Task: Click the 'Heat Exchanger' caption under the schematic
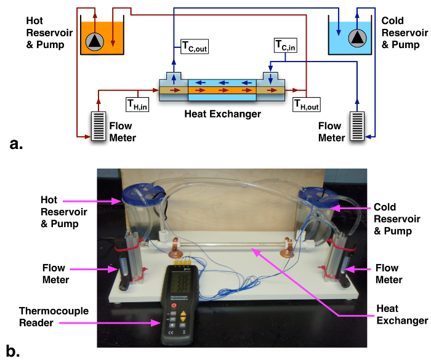coord(223,114)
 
